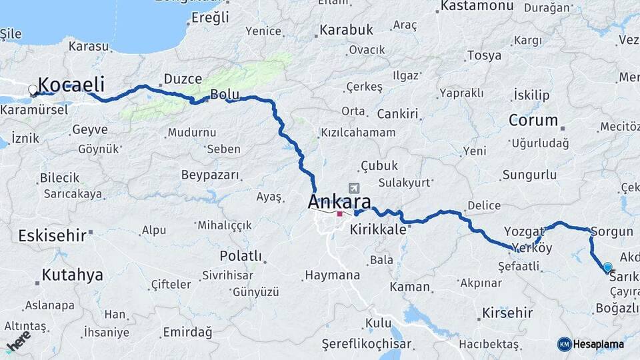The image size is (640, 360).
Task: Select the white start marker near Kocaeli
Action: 33,90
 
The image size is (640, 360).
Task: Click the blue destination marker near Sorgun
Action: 607,267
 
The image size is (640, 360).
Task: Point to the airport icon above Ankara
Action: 353,188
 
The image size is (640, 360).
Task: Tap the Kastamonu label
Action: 475,7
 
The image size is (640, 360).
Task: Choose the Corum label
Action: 533,121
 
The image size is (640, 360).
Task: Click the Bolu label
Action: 220,95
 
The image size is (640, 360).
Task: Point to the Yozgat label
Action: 523,231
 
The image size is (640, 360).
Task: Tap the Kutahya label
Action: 73,275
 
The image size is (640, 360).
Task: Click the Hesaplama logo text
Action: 597,344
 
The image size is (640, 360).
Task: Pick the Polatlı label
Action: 241,256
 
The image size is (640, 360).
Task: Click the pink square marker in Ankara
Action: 339,214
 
